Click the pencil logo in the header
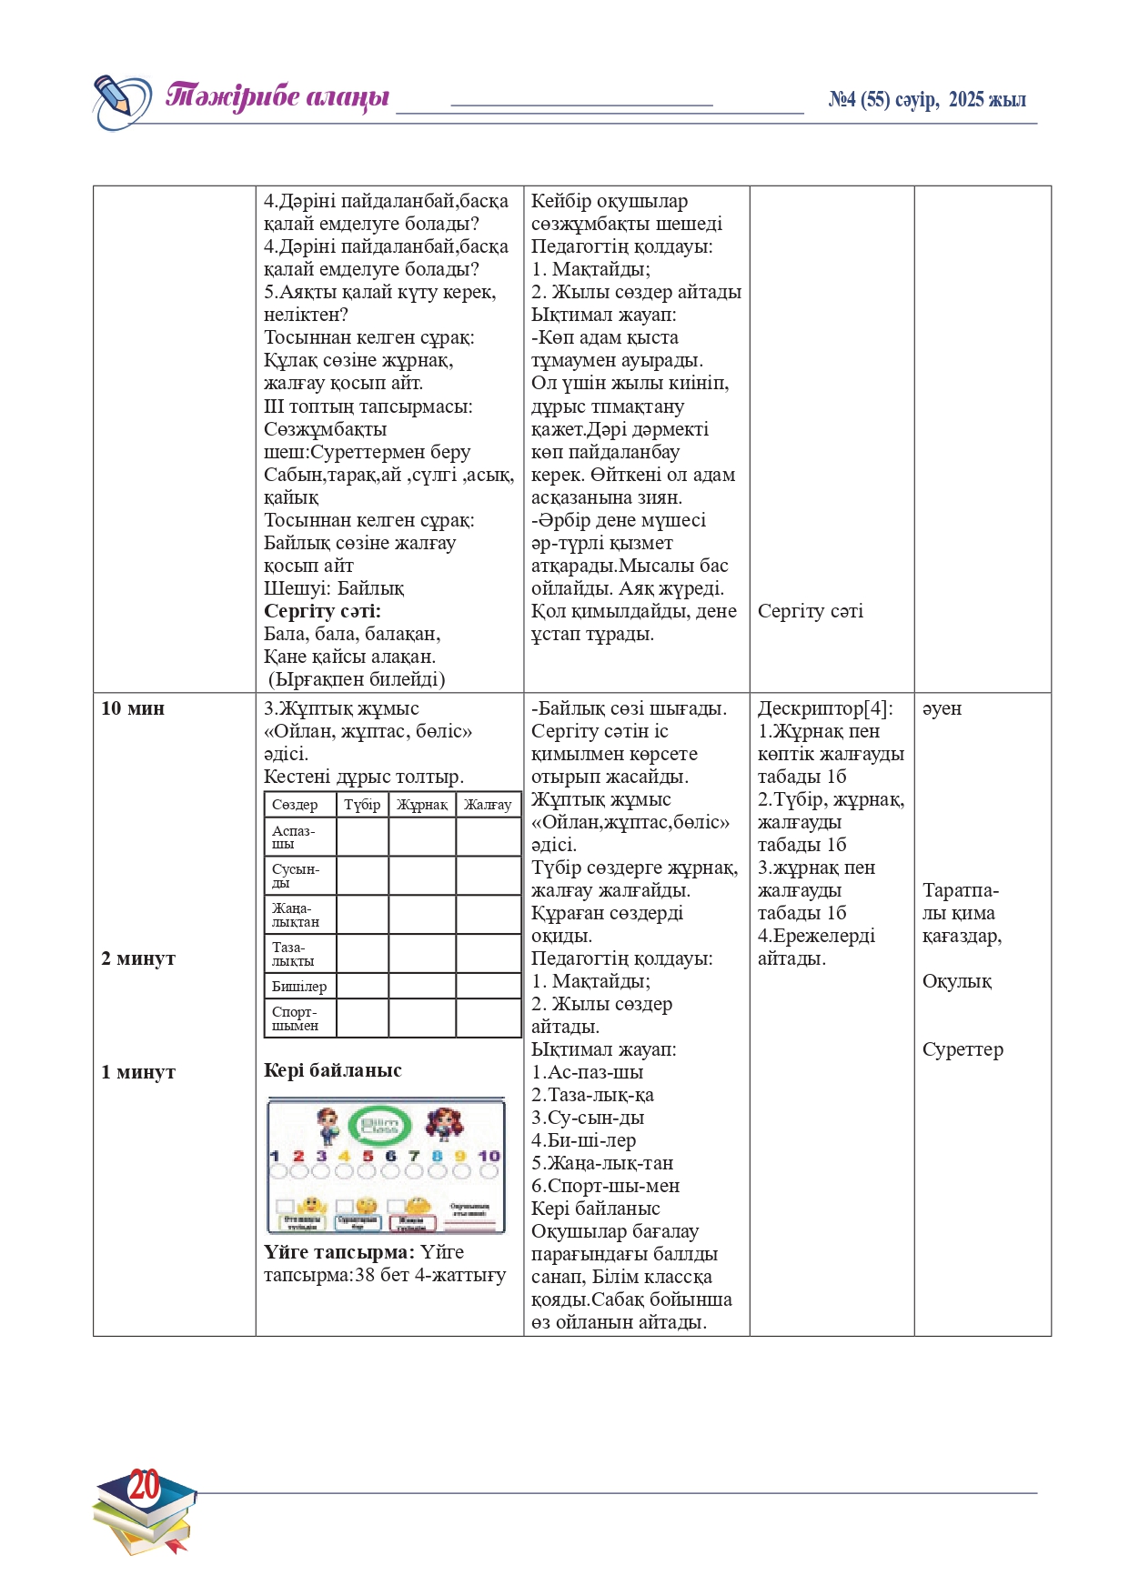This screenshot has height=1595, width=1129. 121,101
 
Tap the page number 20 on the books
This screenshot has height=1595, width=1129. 145,1485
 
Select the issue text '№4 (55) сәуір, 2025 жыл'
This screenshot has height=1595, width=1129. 926,100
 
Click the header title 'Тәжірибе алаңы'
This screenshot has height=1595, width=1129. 277,96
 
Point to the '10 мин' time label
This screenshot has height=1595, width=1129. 133,708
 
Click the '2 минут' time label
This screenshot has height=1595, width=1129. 138,958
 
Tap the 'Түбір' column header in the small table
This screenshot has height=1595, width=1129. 362,805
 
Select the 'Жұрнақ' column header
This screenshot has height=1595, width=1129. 422,805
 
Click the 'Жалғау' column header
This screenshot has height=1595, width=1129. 488,805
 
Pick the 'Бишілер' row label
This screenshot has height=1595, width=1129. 299,987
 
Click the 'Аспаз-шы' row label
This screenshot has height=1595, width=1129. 293,837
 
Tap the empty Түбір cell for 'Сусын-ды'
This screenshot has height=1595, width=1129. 362,876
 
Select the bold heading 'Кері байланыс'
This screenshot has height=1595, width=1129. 332,1070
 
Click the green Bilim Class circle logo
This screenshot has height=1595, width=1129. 380,1126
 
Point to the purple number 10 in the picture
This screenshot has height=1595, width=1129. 489,1156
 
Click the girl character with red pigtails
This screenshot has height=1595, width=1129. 444,1124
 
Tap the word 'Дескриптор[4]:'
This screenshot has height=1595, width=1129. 825,708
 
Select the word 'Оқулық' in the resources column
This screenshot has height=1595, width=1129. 956,981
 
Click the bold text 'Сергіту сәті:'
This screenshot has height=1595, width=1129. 322,611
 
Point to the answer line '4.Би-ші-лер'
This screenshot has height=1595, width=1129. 583,1140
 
